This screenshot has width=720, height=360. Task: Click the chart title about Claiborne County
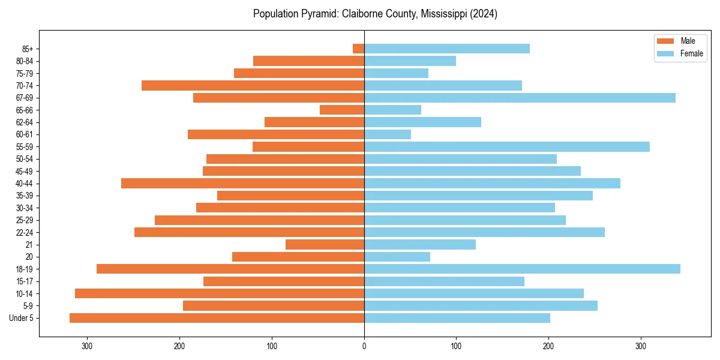375,14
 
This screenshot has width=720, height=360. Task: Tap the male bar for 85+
358,49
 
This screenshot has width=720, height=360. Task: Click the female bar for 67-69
520,98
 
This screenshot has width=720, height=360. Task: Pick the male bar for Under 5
217,318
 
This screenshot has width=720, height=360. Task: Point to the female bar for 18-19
522,269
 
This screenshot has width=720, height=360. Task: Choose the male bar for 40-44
242,184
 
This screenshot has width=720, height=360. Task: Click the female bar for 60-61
388,134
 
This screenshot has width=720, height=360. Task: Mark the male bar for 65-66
342,110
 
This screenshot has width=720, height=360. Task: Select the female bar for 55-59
507,147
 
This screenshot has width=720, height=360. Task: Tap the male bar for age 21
325,245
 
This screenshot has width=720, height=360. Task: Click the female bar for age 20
397,257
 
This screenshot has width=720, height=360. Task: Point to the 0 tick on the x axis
364,346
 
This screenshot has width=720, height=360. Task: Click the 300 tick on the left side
88,346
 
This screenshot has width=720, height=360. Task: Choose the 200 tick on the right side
548,346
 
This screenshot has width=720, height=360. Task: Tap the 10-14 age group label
24,293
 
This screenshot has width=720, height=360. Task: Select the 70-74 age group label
24,86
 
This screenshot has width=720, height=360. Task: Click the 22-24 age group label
24,232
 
